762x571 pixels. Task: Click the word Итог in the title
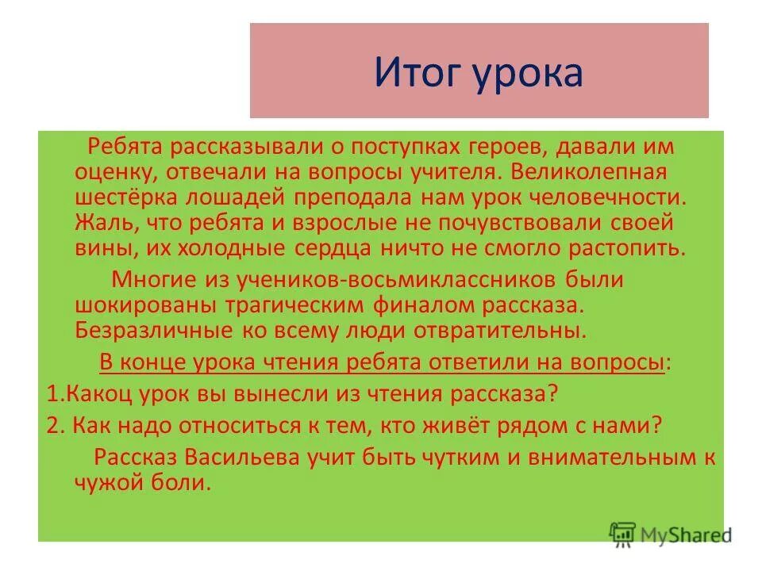click(418, 72)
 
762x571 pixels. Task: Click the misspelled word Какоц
click(89, 393)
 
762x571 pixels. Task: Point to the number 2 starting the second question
click(52, 425)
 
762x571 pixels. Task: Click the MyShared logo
click(670, 534)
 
